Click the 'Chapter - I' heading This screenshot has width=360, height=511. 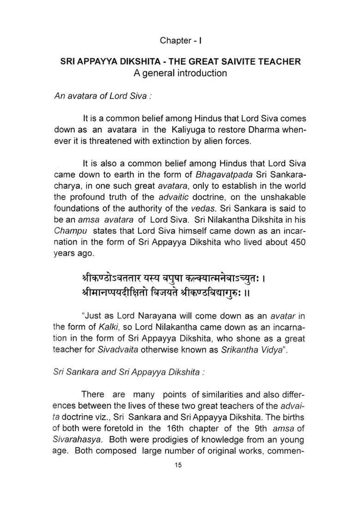tap(180, 41)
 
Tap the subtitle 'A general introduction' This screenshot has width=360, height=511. tap(180, 73)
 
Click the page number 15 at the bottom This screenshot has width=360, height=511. tap(179, 465)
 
